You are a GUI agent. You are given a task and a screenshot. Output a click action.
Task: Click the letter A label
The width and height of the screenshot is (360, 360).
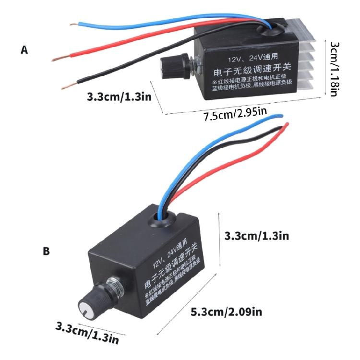25,49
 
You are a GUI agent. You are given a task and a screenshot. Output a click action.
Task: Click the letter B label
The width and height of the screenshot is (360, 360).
46,251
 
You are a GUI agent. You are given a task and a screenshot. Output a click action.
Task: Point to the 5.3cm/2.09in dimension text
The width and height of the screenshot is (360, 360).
227,312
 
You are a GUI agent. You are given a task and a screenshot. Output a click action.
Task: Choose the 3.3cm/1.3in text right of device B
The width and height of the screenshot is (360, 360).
257,236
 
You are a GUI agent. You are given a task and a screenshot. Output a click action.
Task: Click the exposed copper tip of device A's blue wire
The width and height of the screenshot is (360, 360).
73,24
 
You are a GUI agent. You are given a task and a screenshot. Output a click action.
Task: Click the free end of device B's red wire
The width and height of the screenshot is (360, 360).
286,125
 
